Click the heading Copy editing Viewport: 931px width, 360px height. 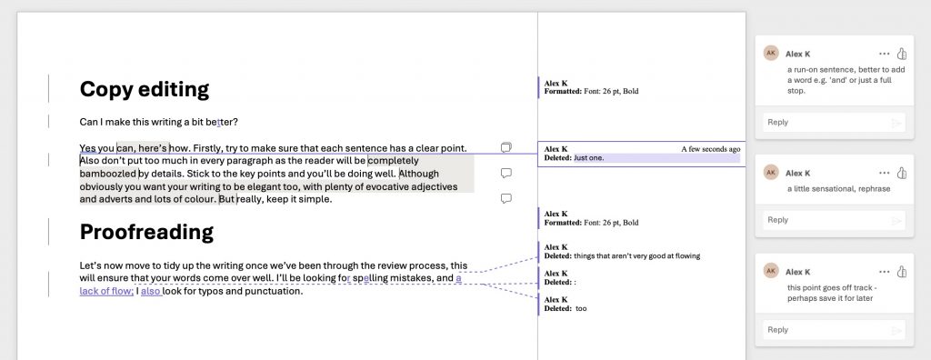coord(145,90)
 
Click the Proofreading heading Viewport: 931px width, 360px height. coord(146,233)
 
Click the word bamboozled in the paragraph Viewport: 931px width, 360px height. coord(108,174)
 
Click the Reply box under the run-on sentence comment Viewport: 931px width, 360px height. coord(834,123)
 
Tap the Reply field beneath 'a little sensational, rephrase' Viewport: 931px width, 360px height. coord(834,220)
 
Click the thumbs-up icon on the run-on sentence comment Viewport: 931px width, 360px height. coord(902,54)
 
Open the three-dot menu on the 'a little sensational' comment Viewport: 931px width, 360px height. coord(884,173)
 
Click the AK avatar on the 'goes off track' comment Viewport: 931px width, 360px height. coord(771,271)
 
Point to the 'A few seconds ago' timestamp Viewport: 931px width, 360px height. coord(710,149)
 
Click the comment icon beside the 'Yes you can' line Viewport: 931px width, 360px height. coord(506,147)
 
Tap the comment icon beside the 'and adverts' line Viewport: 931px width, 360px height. coord(506,198)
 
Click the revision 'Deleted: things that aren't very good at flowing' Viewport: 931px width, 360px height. coord(622,256)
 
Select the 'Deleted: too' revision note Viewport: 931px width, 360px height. coord(566,308)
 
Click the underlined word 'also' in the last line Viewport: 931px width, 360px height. coord(151,291)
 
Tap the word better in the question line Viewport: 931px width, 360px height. coord(222,122)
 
